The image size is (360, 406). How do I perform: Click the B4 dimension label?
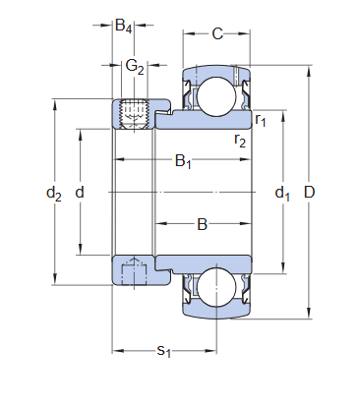(124, 27)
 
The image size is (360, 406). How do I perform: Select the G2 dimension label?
(135, 67)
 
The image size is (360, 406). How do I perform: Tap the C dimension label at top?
(217, 34)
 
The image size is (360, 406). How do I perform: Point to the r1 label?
(261, 120)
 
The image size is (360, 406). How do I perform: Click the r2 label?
(240, 141)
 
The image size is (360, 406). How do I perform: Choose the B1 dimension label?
(182, 161)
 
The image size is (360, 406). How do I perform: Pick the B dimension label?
(203, 224)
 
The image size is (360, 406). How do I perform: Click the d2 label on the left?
(54, 194)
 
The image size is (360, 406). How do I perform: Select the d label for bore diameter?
(80, 194)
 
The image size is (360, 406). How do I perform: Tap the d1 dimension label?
(283, 194)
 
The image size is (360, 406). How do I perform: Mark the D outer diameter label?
(309, 194)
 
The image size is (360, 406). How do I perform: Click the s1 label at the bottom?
(164, 351)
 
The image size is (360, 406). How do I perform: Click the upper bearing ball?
(215, 95)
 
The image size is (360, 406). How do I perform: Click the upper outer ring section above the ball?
(215, 72)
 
